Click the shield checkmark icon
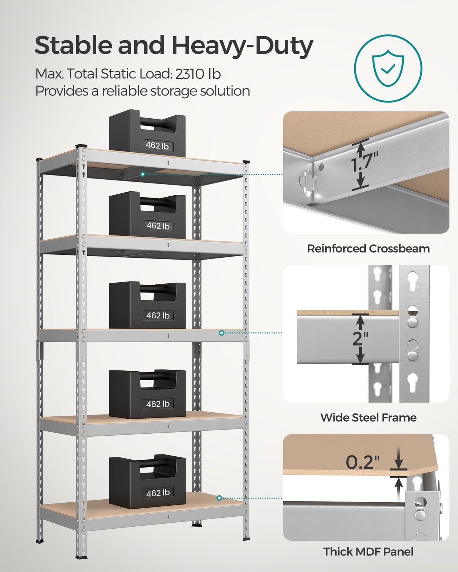pos(388,68)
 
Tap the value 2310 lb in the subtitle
pos(198,74)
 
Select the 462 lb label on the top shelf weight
pos(157,145)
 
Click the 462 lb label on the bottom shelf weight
pos(158,493)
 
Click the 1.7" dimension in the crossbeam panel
pos(364,164)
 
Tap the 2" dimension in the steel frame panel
pos(360,338)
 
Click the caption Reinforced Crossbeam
pos(368,249)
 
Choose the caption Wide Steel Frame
pos(368,418)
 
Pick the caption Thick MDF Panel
pos(368,552)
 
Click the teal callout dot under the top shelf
pos(143,174)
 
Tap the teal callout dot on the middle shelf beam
pos(221,333)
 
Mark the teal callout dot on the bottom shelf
pos(219,498)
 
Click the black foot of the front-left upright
pos(81,556)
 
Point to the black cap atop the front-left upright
pos(81,146)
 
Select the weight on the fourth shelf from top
pos(147,394)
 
